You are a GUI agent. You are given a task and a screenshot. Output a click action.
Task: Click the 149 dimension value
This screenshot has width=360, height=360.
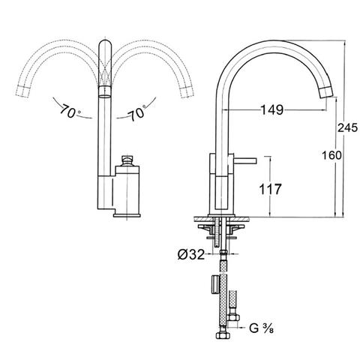pos(272,109)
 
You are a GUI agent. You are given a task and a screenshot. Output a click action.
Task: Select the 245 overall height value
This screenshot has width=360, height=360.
pos(347,128)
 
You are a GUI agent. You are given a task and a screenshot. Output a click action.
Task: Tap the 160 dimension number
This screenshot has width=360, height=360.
pos(331,155)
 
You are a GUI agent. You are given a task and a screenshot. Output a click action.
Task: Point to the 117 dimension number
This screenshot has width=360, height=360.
pos(270,189)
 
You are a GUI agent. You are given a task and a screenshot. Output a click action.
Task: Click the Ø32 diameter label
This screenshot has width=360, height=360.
pos(191,254)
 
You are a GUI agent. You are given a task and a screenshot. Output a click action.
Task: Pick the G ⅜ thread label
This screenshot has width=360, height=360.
pos(261,328)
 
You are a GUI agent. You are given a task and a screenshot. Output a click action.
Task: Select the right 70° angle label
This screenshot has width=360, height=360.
pos(137,113)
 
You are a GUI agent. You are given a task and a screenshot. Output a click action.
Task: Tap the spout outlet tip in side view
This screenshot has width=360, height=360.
pos(326,92)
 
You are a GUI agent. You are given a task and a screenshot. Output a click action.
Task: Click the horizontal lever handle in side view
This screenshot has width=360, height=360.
pos(245,160)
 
